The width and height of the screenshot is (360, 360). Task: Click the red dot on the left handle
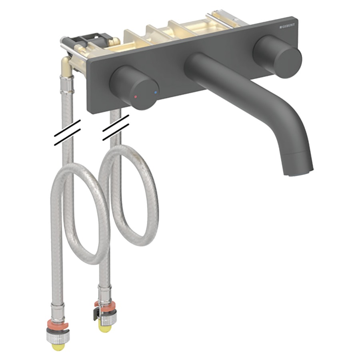point(136,97)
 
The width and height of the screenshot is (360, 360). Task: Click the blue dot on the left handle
point(156,92)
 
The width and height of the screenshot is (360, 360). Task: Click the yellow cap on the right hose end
point(106,328)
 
